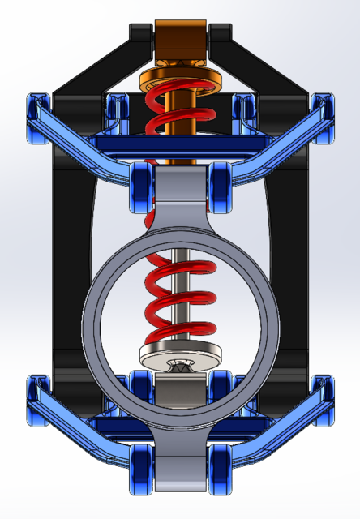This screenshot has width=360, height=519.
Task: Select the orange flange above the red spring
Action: pos(180,81)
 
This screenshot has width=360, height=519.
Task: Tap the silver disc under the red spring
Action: pos(180,355)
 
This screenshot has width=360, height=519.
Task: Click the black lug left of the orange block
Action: pos(141,36)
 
